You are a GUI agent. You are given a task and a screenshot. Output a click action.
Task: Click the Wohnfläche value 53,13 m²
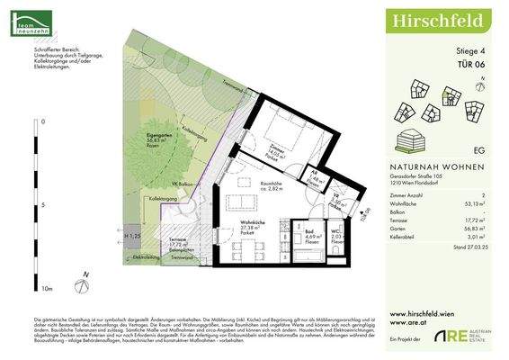[487, 203]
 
